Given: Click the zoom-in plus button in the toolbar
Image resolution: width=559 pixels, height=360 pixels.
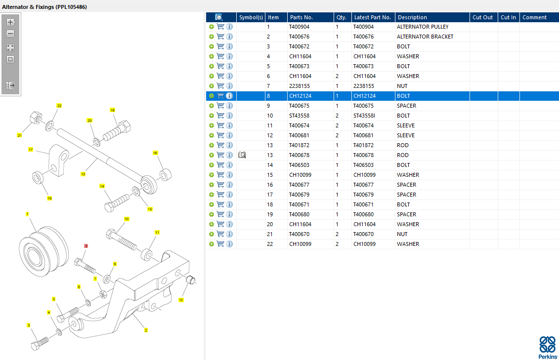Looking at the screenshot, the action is (10, 22).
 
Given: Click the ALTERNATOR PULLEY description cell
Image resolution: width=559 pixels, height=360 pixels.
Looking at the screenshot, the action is (423, 27).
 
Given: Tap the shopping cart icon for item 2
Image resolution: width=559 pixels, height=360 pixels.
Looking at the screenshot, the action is (220, 37).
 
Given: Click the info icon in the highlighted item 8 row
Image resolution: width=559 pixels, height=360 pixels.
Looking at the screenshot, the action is (230, 96).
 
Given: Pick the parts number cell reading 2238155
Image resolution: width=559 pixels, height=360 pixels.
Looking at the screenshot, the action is (300, 86).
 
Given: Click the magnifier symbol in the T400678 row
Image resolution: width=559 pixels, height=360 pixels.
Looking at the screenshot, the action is (242, 155).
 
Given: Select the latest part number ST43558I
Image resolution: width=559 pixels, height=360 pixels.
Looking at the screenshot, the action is (364, 116).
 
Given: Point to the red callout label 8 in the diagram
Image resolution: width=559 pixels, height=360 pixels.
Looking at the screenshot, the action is (86, 246).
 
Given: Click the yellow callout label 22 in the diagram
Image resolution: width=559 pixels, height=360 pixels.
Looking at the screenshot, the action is (59, 105).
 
